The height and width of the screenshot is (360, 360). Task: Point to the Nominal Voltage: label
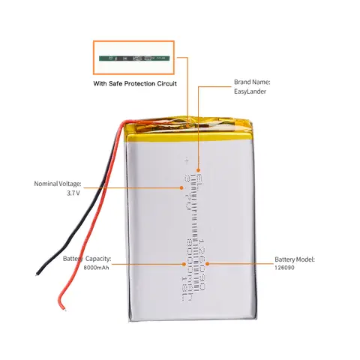pyautogui.click(x=58, y=183)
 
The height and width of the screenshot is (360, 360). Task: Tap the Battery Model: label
pyautogui.click(x=295, y=258)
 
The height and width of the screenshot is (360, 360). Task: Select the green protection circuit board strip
pyautogui.click(x=135, y=56)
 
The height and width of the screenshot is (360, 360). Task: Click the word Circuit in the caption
pyautogui.click(x=167, y=84)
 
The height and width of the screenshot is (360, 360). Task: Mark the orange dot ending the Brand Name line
pyautogui.click(x=197, y=170)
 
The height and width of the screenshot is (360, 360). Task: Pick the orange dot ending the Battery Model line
pyautogui.click(x=208, y=264)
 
